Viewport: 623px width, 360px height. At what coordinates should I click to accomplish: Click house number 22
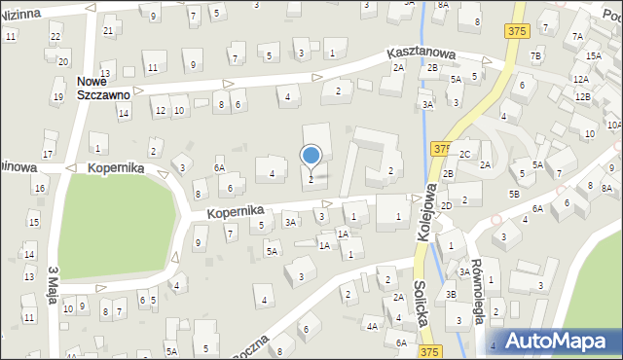click(55, 36)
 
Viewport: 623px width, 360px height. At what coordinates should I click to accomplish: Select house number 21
click(108, 30)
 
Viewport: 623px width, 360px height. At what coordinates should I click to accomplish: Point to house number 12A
click(581, 80)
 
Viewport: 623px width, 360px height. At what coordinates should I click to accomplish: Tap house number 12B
click(582, 97)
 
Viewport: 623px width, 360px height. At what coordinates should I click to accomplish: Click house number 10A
click(613, 126)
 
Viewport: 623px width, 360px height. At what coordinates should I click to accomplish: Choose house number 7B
click(534, 55)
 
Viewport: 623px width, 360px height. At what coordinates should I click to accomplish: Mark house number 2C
click(464, 155)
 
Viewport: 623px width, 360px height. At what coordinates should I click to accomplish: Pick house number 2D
click(445, 205)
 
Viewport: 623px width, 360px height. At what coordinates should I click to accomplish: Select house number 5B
click(513, 194)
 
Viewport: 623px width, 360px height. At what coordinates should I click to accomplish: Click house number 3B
click(451, 294)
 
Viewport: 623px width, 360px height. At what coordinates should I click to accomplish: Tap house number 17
click(48, 155)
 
